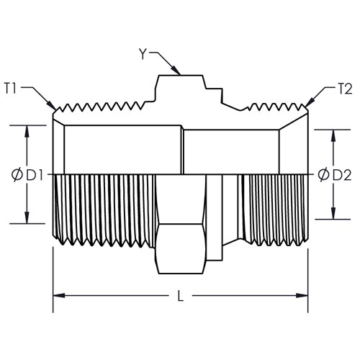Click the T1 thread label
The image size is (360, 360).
click(x=10, y=89)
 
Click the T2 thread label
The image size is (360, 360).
click(x=344, y=89)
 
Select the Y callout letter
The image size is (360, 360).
click(x=143, y=54)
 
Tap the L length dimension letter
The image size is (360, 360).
click(x=181, y=296)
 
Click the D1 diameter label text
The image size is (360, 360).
click(x=35, y=175)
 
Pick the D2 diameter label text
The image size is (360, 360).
click(x=342, y=175)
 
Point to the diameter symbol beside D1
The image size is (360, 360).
click(x=17, y=175)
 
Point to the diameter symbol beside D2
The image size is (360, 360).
click(x=324, y=175)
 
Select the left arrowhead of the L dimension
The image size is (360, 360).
click(x=59, y=295)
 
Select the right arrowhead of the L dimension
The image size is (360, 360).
click(x=302, y=295)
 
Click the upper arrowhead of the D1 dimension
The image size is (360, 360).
click(x=27, y=131)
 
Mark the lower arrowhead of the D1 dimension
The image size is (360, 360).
click(x=27, y=217)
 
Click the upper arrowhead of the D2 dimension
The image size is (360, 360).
click(x=333, y=136)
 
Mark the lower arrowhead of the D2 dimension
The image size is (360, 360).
click(x=333, y=213)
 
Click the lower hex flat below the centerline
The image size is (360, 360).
click(x=181, y=249)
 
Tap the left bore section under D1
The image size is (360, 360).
click(x=122, y=150)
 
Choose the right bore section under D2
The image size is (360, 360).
click(x=231, y=152)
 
